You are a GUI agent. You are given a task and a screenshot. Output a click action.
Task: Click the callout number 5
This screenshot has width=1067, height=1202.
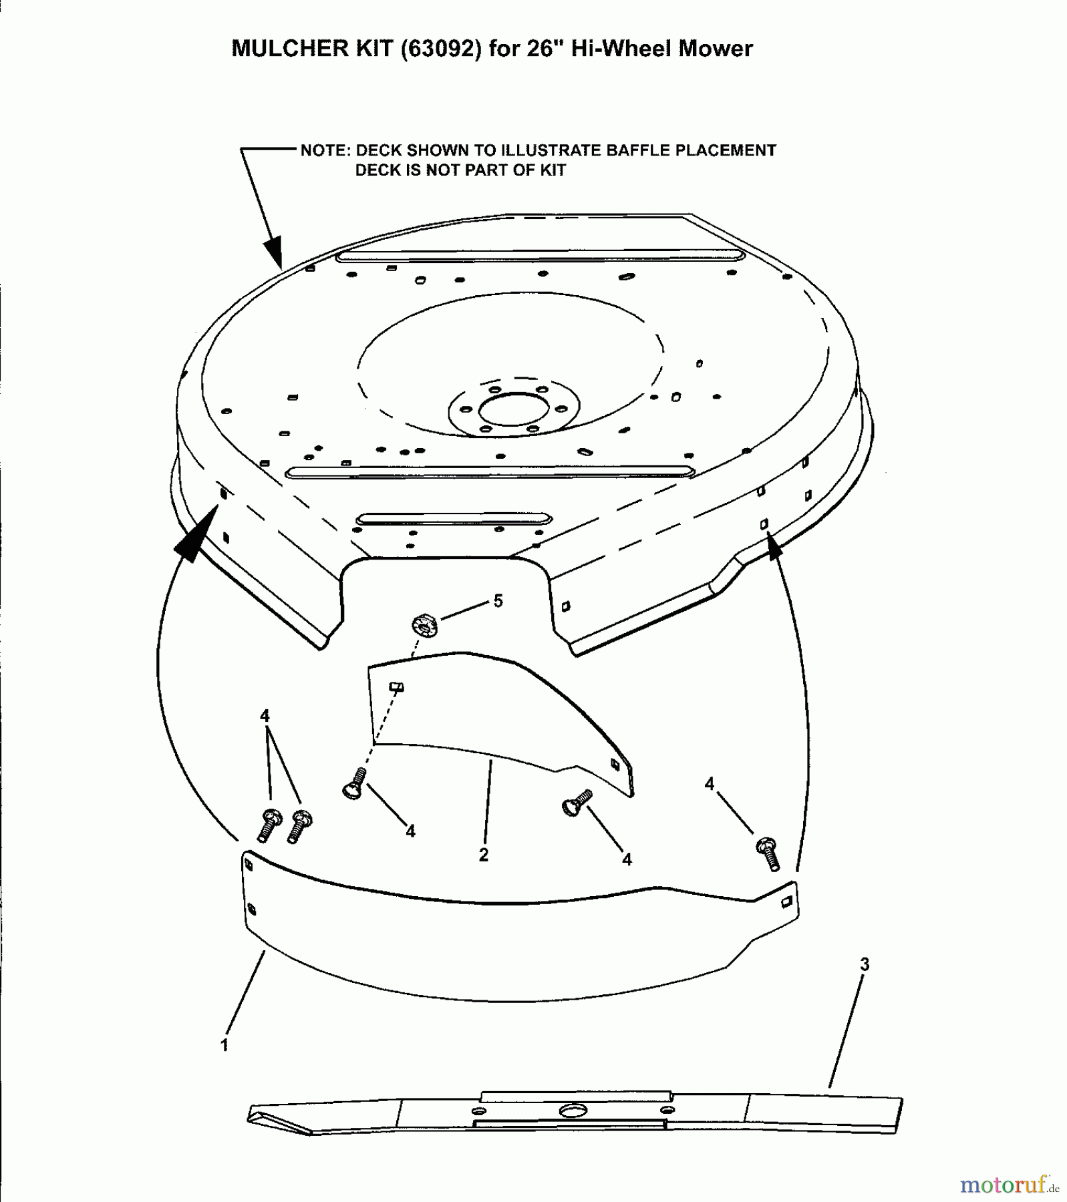498,601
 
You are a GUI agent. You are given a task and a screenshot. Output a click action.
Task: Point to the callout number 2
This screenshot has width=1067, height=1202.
484,854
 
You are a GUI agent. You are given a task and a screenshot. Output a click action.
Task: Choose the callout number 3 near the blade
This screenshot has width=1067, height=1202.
865,964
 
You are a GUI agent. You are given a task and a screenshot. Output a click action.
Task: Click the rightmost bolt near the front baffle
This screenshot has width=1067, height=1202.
768,853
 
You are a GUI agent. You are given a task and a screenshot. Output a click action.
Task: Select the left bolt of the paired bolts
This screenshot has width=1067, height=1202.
269,824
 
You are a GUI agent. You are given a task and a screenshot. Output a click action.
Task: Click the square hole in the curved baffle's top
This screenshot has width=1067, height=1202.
397,686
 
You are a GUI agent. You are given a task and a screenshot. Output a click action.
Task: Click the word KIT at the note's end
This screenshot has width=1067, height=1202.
553,171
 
